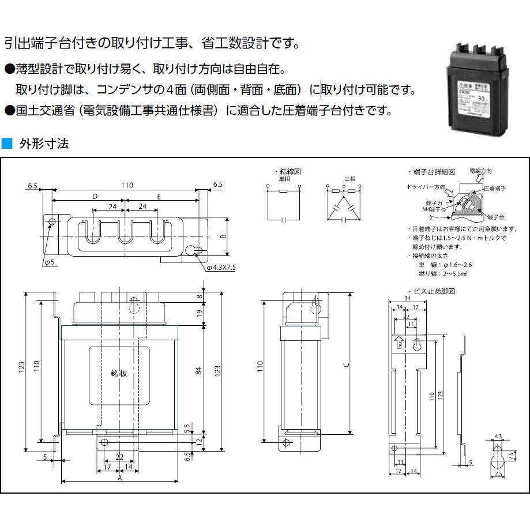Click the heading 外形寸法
44,144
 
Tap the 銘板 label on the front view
118,373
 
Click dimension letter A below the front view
119,478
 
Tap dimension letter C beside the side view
345,365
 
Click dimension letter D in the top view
95,197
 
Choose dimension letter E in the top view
159,197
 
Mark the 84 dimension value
198,372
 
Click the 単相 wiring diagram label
284,179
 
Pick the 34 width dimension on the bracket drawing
407,299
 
